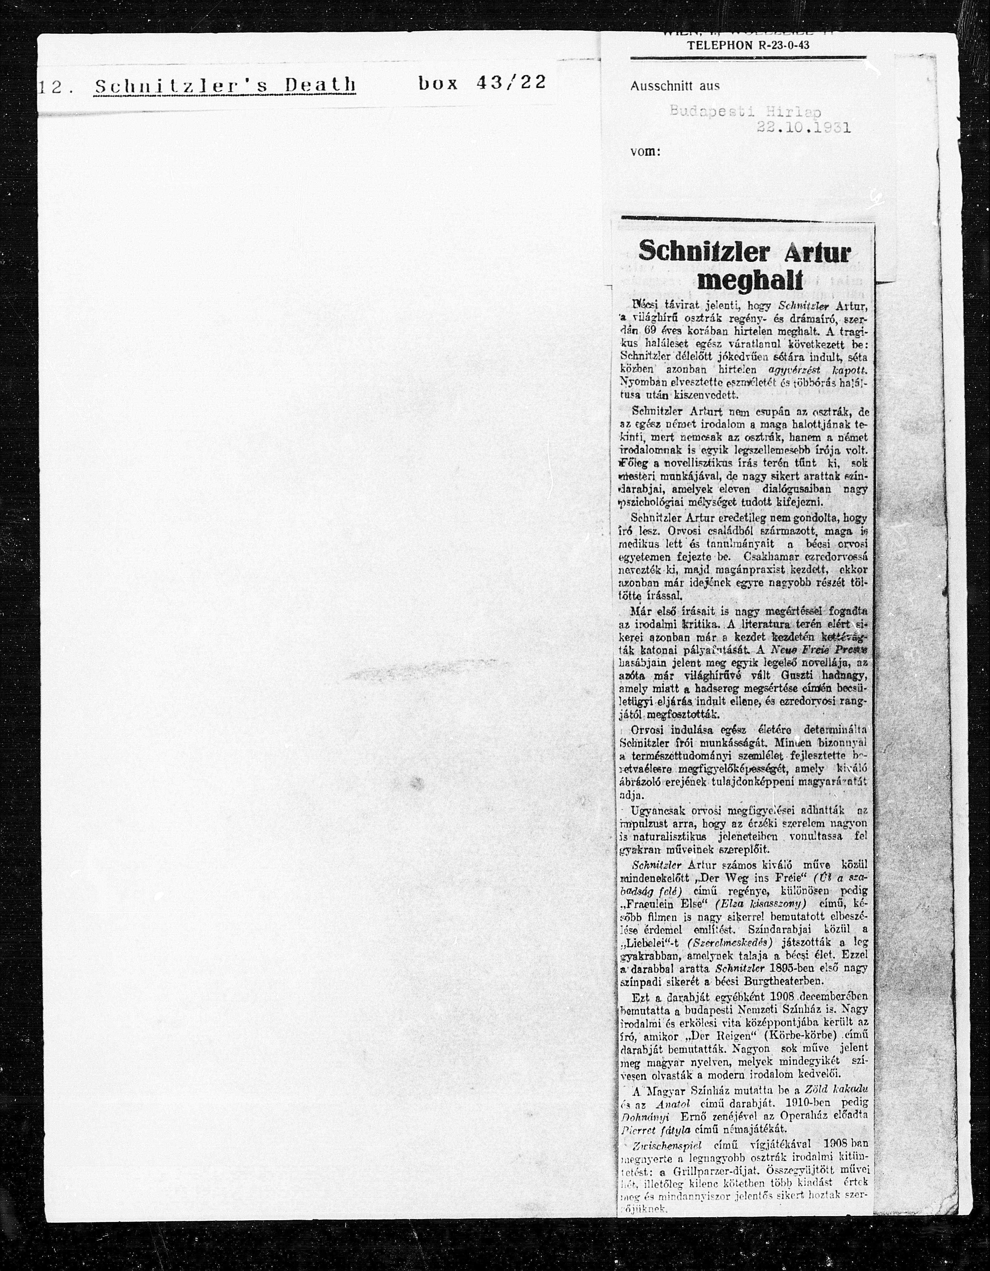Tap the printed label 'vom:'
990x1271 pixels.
(x=645, y=152)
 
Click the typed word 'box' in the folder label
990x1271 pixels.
(x=438, y=83)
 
